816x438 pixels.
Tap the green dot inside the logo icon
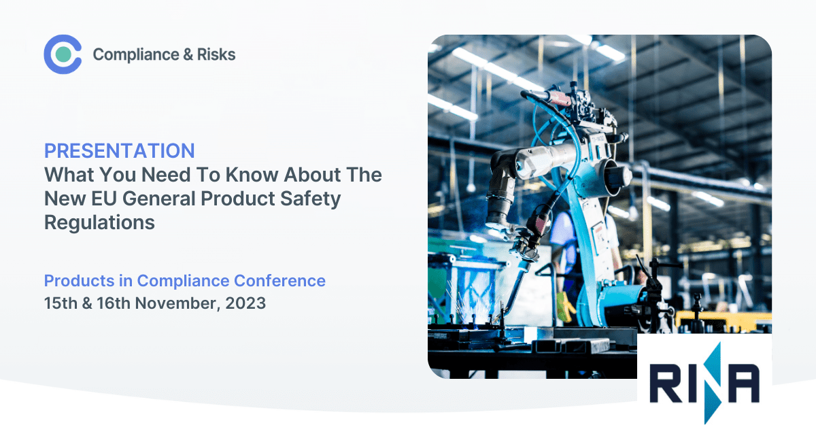(x=63, y=54)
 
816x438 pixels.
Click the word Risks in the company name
(x=216, y=54)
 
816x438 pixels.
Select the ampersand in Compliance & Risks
(x=188, y=54)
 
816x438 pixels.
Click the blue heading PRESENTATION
(x=120, y=151)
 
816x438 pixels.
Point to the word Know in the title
(x=252, y=175)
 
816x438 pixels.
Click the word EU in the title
(x=104, y=199)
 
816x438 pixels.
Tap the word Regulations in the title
(x=99, y=223)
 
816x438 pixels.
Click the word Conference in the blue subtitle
(x=279, y=281)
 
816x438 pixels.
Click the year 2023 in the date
(x=245, y=303)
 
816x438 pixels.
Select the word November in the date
(x=177, y=303)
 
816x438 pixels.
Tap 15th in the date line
(x=61, y=303)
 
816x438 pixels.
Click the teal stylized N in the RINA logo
(x=712, y=383)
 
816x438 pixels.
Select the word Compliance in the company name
(x=136, y=55)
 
